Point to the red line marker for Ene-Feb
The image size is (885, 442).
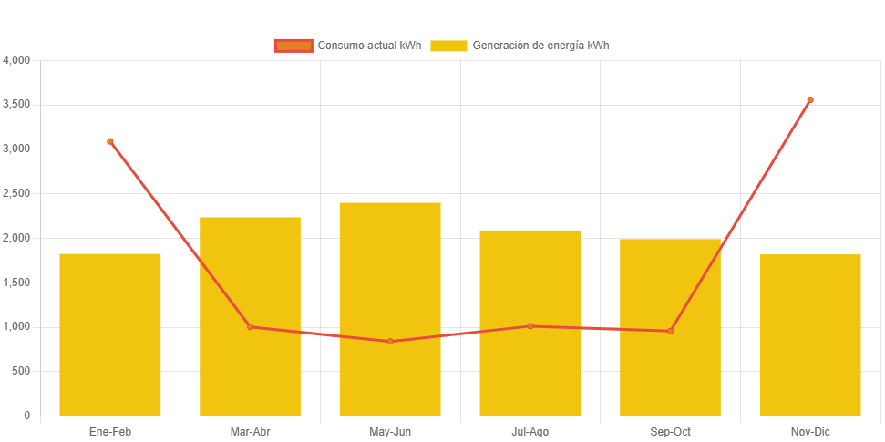click(110, 141)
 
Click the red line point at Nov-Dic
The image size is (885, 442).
click(810, 100)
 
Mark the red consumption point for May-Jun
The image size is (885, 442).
click(390, 342)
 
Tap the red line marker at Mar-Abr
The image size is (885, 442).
click(250, 327)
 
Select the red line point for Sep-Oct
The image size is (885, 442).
click(670, 331)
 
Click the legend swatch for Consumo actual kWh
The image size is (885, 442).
click(293, 46)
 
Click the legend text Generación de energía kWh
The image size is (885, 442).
click(540, 46)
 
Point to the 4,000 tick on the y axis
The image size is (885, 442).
click(16, 60)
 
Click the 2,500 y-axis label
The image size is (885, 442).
click(16, 193)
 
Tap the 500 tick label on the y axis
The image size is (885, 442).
click(20, 371)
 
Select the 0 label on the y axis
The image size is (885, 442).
click(26, 416)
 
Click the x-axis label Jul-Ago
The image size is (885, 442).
click(530, 432)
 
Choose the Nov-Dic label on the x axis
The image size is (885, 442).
click(810, 432)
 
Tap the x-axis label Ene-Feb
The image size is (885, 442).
click(110, 432)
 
